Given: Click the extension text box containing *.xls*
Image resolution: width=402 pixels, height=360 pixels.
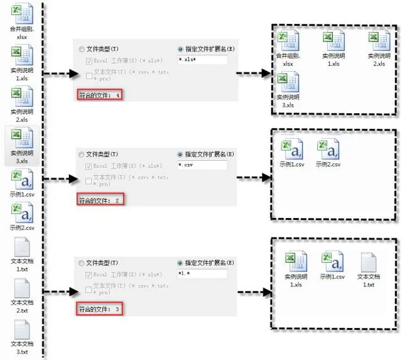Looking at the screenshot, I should click(x=202, y=60).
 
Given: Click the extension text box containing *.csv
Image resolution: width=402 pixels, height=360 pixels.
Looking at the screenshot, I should click(x=202, y=165).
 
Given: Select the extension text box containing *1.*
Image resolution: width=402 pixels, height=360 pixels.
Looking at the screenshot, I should click(x=202, y=275).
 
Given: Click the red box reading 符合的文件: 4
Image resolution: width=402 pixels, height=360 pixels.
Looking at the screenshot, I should click(x=99, y=95).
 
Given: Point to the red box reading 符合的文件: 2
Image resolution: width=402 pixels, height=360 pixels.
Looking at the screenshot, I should click(x=99, y=200).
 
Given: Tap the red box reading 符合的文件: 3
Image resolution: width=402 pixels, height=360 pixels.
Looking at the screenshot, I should click(x=98, y=309).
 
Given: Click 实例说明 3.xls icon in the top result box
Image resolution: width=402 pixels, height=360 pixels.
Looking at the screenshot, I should click(x=287, y=82).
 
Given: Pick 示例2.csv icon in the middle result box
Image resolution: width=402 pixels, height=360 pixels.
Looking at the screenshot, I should click(x=328, y=150).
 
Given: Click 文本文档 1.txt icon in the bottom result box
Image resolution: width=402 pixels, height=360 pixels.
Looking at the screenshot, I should click(x=369, y=261).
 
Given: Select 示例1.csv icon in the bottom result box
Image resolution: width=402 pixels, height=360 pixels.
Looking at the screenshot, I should click(x=331, y=261).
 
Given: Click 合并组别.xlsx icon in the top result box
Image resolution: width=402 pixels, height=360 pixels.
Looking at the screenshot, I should click(x=288, y=42).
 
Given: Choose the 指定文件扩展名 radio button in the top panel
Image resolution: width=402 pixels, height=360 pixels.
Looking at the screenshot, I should click(x=181, y=48).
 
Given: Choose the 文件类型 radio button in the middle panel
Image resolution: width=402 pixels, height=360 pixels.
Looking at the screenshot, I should click(x=81, y=154).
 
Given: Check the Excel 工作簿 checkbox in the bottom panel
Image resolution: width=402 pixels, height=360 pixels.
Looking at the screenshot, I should click(x=89, y=275).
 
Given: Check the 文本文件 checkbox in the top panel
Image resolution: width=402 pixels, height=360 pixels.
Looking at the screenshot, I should click(x=89, y=75).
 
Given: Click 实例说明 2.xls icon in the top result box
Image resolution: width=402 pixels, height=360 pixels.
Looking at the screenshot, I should click(x=376, y=42).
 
